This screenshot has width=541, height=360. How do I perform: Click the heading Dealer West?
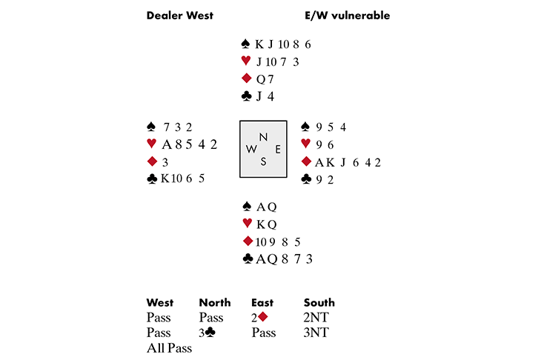tap(180, 16)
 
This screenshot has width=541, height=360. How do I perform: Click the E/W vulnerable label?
tap(348, 16)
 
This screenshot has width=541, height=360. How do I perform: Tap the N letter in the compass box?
tap(263, 137)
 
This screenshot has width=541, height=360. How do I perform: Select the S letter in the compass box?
tap(263, 161)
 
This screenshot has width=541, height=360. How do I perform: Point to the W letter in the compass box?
tap(250, 149)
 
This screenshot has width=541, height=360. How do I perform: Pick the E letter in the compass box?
tap(278, 149)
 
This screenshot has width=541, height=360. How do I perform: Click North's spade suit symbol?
tap(245, 44)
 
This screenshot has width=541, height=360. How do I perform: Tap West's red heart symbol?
tap(151, 144)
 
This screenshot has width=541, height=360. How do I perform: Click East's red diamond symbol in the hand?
tap(306, 161)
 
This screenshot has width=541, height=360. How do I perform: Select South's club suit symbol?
tap(248, 259)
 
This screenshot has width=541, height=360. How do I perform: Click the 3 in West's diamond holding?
tap(165, 162)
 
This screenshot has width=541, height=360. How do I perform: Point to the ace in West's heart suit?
tap(167, 144)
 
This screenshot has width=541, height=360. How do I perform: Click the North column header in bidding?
tap(215, 302)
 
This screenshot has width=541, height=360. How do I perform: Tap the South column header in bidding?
tap(319, 302)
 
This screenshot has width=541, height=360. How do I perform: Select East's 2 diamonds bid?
tap(260, 317)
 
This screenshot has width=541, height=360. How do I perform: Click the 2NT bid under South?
tap(316, 317)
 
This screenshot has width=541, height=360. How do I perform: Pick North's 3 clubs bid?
tap(207, 333)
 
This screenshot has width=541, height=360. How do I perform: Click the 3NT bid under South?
tap(316, 333)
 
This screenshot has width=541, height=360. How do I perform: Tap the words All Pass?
tap(169, 348)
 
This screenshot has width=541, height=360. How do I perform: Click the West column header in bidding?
tap(160, 302)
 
